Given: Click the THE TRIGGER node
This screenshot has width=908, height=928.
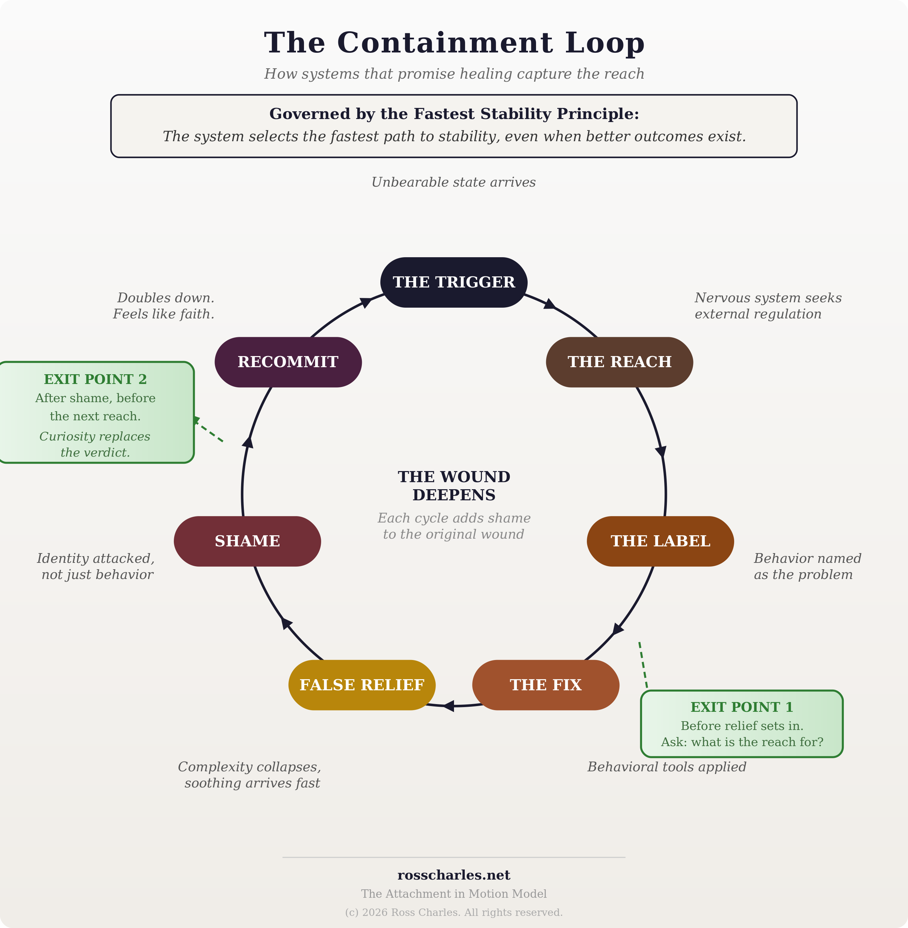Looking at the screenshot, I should point(454,282).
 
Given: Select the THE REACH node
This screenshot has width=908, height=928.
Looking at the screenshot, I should point(619,362).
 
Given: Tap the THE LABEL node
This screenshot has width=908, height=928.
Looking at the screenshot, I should point(660,541).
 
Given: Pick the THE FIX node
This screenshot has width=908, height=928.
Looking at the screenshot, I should point(545,685).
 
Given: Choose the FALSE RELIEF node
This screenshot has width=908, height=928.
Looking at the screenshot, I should point(362,685).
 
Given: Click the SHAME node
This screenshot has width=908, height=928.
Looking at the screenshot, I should point(247,541).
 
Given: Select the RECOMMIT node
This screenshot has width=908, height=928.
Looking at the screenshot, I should point(288,362).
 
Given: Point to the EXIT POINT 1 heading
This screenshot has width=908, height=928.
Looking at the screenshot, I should point(742,707).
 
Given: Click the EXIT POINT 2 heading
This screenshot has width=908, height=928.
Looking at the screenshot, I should point(96,379).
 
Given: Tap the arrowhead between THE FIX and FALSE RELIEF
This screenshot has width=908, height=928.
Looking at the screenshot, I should point(449,706).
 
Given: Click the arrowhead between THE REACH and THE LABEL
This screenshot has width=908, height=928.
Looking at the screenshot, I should point(661,451).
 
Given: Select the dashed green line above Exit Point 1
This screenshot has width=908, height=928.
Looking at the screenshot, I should point(643,665).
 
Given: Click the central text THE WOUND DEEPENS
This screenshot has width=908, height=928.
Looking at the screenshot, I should point(454,486).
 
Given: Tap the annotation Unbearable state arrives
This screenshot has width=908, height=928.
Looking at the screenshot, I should point(454,183).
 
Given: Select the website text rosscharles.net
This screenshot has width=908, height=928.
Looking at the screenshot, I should point(454,875).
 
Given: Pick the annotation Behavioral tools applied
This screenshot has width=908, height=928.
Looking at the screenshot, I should point(666,767).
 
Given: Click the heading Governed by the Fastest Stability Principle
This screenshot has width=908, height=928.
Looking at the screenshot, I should point(454,114).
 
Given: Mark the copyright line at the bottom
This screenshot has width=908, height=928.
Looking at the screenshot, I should point(454,912).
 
